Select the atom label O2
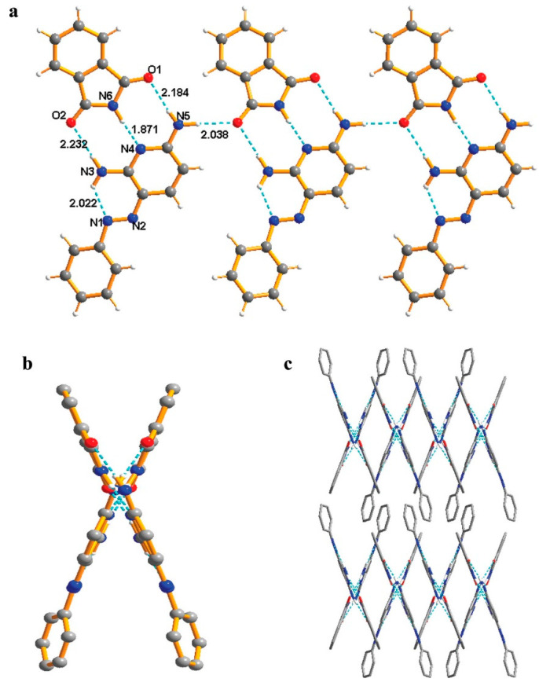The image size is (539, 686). pyautogui.click(x=58, y=116)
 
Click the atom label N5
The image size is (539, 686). pyautogui.click(x=182, y=116)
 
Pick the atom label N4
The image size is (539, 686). pyautogui.click(x=125, y=148)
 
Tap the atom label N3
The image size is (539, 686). pyautogui.click(x=87, y=171)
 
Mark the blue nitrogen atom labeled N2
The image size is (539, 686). pyautogui.click(x=130, y=218)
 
